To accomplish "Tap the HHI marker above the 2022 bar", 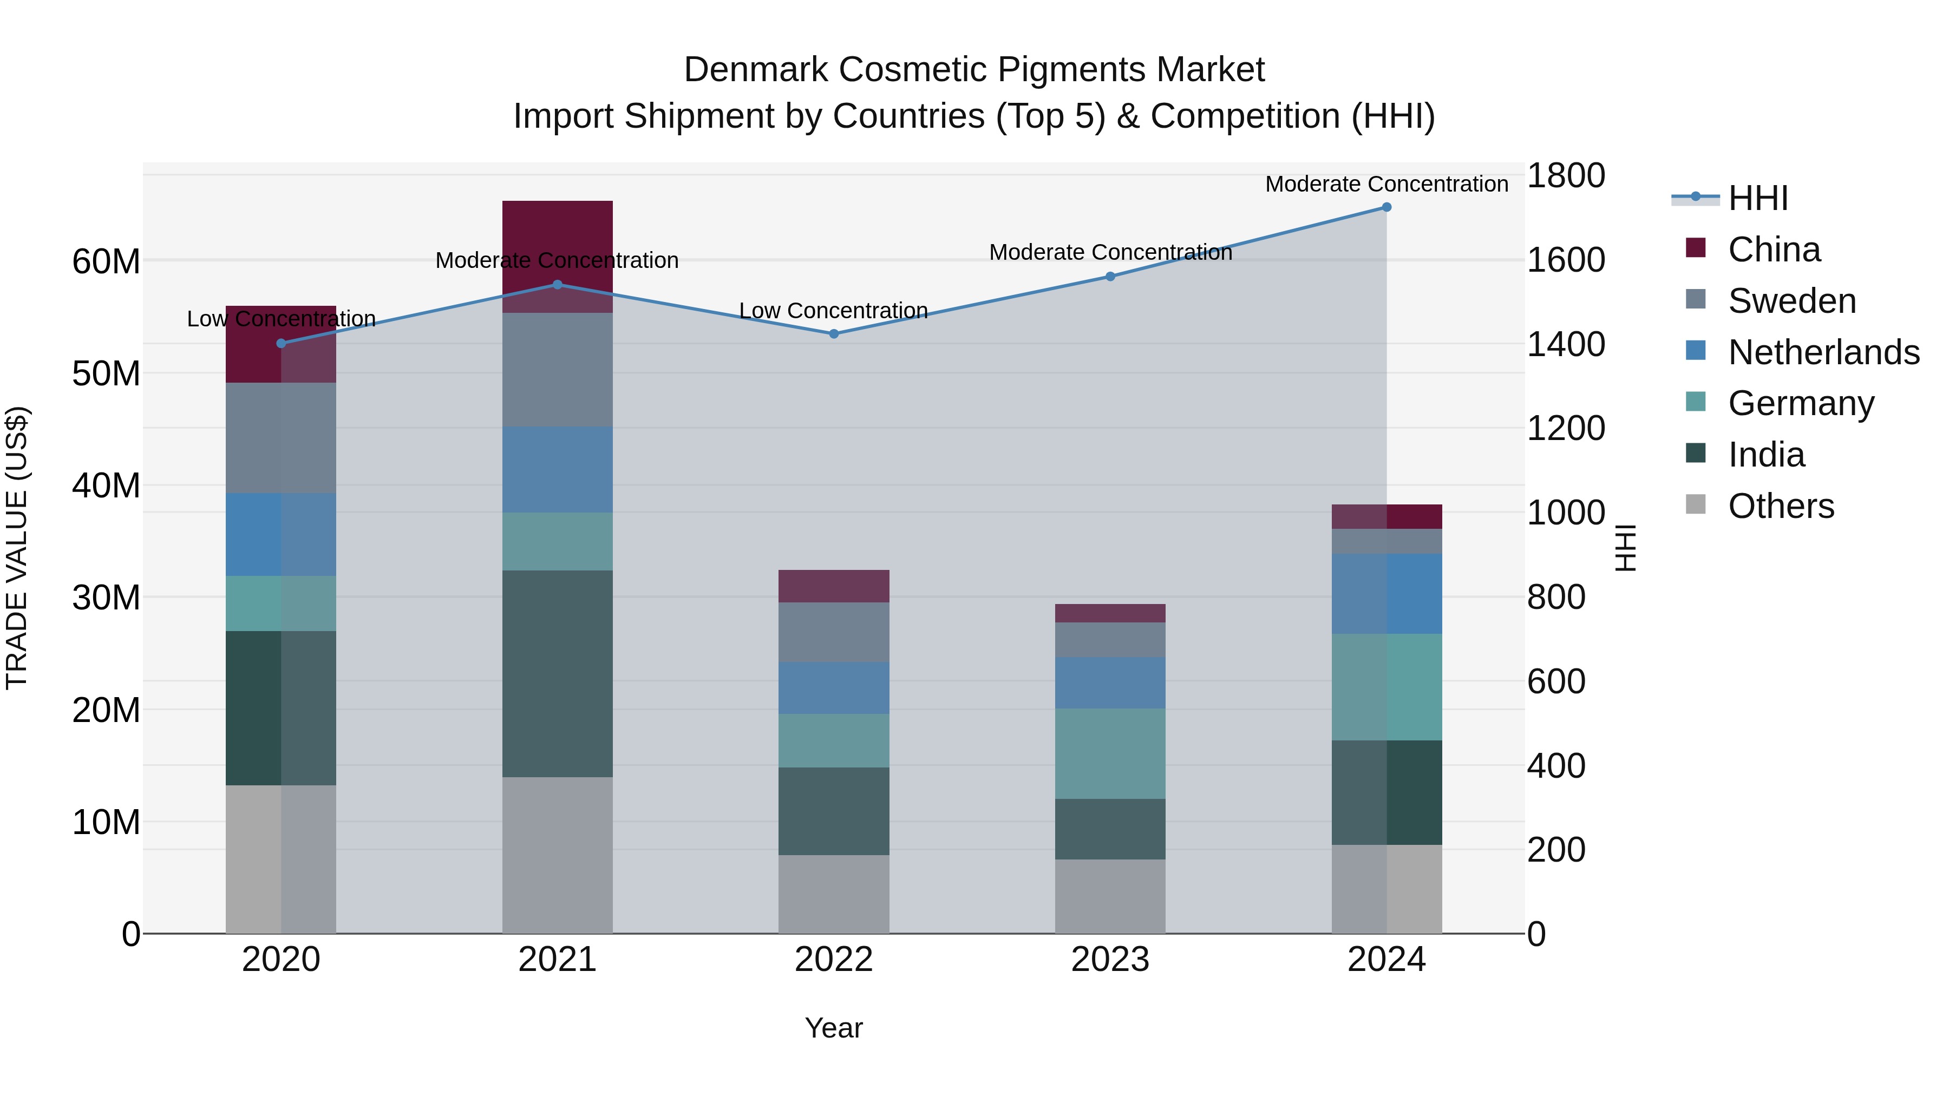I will coord(834,333).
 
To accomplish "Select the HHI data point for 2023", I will coord(1110,277).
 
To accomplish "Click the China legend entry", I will coord(1774,250).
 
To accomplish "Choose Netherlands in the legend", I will coord(1823,352).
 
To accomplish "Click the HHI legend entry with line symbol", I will coord(1757,198).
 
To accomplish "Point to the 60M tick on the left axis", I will coord(106,262).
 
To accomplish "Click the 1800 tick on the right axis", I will coord(1565,175).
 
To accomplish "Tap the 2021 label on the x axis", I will coord(557,960).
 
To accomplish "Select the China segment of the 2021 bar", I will coord(557,257).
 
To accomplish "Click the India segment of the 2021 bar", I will coord(557,673).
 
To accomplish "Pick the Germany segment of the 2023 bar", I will coord(1110,753).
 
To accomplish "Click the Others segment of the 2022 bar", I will coord(834,894).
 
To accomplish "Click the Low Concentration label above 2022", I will coord(833,311).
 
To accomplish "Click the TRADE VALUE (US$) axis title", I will coord(17,548).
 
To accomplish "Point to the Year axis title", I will coord(833,1028).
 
